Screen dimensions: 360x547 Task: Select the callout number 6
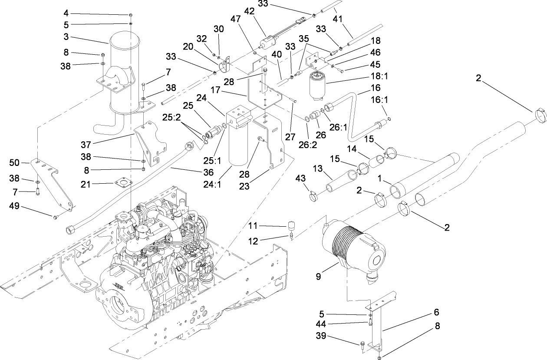tap(436, 312)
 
